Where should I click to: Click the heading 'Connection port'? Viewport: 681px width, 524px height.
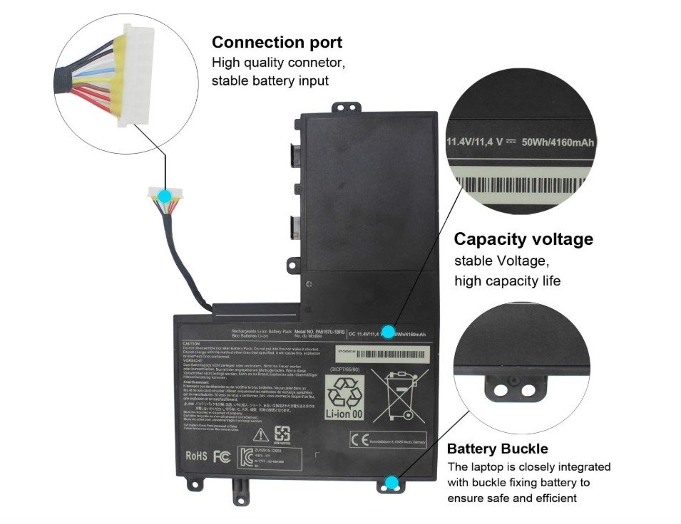coord(277,43)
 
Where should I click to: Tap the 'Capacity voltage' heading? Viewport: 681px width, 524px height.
coord(523,239)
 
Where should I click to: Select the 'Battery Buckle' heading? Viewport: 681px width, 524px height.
coord(497,449)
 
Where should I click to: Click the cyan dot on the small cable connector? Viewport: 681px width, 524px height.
coord(165,195)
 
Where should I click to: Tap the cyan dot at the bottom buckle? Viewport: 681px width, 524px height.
coord(391,484)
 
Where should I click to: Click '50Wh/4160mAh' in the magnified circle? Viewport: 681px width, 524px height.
coord(558,142)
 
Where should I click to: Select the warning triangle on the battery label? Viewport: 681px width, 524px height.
coord(262,434)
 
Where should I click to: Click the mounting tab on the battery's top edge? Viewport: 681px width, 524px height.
coord(342,108)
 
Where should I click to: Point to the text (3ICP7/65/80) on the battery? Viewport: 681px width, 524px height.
coord(346,370)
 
